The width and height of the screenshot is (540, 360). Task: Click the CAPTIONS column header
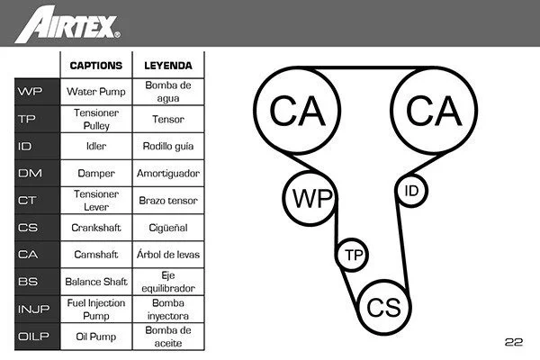(96, 66)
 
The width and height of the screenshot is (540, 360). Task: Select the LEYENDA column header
(168, 66)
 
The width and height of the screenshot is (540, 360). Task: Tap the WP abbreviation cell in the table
(31, 91)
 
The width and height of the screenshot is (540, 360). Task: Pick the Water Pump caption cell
(96, 91)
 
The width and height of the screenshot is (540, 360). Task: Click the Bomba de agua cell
(168, 91)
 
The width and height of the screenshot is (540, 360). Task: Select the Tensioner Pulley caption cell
(96, 118)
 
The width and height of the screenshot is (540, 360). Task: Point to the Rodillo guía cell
(168, 145)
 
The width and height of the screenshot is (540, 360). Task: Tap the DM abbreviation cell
(31, 173)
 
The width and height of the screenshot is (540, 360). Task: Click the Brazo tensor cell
(168, 200)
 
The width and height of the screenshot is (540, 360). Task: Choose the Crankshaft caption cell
(96, 228)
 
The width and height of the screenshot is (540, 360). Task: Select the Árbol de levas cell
(168, 255)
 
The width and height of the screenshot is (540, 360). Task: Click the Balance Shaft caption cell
(96, 282)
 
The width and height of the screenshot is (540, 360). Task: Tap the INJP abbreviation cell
(31, 309)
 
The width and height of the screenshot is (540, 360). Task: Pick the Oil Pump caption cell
(96, 336)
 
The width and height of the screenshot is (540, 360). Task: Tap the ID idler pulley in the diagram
(411, 190)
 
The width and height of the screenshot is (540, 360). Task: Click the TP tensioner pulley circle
(352, 256)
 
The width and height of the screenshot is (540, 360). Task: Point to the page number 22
(514, 342)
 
